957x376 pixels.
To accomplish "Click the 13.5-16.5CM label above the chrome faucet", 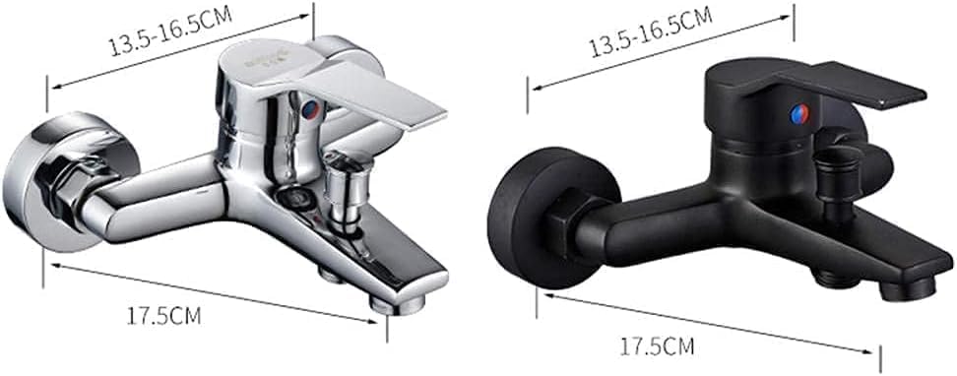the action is pyautogui.click(x=171, y=30).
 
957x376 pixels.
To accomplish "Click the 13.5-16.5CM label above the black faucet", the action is pyautogui.click(x=651, y=31).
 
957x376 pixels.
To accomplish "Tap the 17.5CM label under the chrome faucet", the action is pyautogui.click(x=163, y=316).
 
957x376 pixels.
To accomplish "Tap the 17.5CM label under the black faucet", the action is pyautogui.click(x=658, y=347).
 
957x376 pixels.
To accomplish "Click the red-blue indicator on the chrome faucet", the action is pyautogui.click(x=311, y=109).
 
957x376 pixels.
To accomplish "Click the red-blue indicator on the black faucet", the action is pyautogui.click(x=798, y=113).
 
